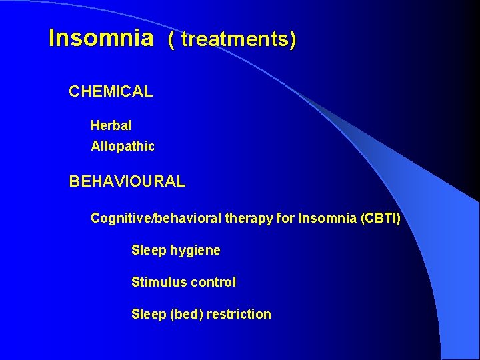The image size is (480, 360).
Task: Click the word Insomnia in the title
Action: [101, 38]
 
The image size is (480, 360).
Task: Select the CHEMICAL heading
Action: [111, 92]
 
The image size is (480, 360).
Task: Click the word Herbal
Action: [111, 125]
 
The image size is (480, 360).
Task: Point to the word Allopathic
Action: [123, 147]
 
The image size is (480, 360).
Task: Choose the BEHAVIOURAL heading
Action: [127, 181]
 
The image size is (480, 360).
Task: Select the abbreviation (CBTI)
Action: [380, 219]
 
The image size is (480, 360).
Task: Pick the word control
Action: [213, 282]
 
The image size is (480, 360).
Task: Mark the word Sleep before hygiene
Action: [148, 251]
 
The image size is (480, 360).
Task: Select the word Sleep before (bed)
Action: [148, 314]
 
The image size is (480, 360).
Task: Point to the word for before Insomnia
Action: [285, 219]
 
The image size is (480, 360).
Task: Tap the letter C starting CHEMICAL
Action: [75, 92]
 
